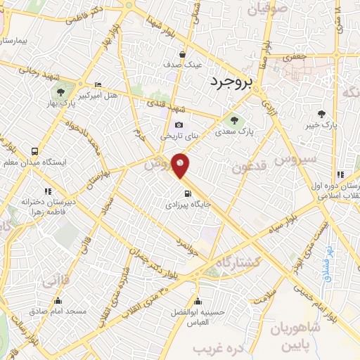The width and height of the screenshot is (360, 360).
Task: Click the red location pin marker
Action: pos(181,165)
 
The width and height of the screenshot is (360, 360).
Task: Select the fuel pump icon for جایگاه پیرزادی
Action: pos(186,195)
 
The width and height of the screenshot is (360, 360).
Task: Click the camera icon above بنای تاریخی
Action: pos(179,125)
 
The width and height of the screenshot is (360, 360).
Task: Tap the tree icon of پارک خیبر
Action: pos(321,113)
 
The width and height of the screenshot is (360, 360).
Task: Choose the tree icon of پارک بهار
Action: pos(59,91)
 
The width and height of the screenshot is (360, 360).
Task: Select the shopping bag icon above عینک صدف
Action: pos(183,53)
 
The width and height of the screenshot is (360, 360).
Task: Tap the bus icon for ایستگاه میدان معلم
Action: pos(34,150)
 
